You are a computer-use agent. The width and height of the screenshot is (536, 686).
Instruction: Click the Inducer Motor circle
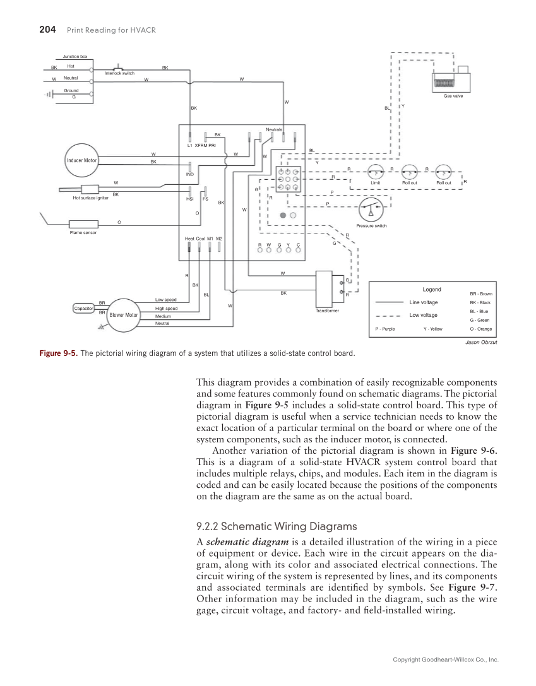pyautogui.click(x=82, y=160)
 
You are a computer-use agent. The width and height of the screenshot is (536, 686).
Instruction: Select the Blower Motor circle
pyautogui.click(x=124, y=315)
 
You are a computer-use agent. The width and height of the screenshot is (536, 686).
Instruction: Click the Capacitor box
pyautogui.click(x=83, y=309)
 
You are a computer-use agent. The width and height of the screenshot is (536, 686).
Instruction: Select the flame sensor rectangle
pyautogui.click(x=82, y=224)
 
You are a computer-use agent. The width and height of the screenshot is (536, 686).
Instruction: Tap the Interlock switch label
pyautogui.click(x=119, y=74)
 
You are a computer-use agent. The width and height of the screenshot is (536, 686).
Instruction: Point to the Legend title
pyautogui.click(x=432, y=290)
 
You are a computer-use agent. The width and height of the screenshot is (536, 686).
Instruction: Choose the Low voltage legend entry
pyautogui.click(x=424, y=315)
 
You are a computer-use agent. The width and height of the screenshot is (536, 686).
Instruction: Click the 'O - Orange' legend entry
pyautogui.click(x=481, y=329)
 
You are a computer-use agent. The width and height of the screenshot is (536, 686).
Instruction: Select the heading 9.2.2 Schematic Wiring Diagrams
pyautogui.click(x=277, y=526)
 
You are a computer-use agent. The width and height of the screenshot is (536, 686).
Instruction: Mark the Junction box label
pyautogui.click(x=74, y=57)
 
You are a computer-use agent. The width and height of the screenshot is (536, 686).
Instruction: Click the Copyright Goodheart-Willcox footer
pyautogui.click(x=446, y=659)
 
